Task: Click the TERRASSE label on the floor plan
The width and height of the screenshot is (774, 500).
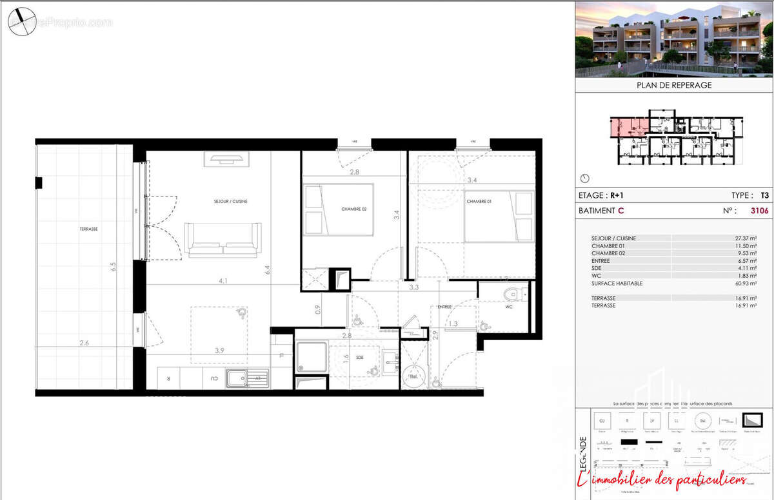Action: click(90, 229)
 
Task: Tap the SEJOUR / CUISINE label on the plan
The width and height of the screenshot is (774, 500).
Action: click(231, 202)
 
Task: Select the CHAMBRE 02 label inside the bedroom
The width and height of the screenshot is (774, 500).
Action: click(354, 209)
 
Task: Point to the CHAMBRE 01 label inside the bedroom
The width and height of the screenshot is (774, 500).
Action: click(479, 202)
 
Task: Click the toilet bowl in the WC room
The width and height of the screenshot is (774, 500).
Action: click(512, 295)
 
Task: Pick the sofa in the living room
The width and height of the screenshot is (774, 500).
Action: click(223, 240)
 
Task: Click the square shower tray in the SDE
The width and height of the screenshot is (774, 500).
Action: click(311, 358)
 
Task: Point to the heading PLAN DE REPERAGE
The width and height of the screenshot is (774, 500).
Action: click(673, 85)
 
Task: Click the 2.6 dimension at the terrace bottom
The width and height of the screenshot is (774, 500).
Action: click(84, 343)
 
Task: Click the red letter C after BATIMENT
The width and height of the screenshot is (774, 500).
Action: click(621, 211)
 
